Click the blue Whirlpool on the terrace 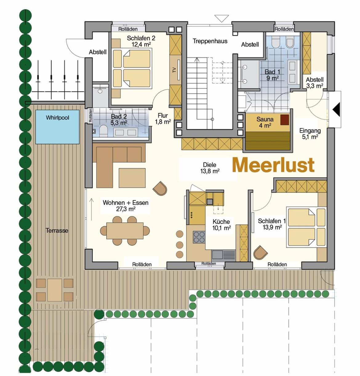[x=57, y=127]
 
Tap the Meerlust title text [x=274, y=165]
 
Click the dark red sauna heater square [x=285, y=119]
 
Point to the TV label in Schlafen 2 [x=174, y=70]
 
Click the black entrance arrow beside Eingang [x=336, y=110]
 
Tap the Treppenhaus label [x=210, y=41]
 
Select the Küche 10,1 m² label [x=222, y=225]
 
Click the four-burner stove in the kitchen [x=199, y=237]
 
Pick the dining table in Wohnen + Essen [x=125, y=231]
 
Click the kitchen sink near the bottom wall [x=224, y=254]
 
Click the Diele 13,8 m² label [x=210, y=168]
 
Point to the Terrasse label [x=57, y=231]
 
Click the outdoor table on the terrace [x=55, y=290]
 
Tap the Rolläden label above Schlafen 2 [x=128, y=29]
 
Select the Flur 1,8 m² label [x=163, y=119]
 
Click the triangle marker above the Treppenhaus [x=222, y=18]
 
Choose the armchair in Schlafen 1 [x=261, y=253]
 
